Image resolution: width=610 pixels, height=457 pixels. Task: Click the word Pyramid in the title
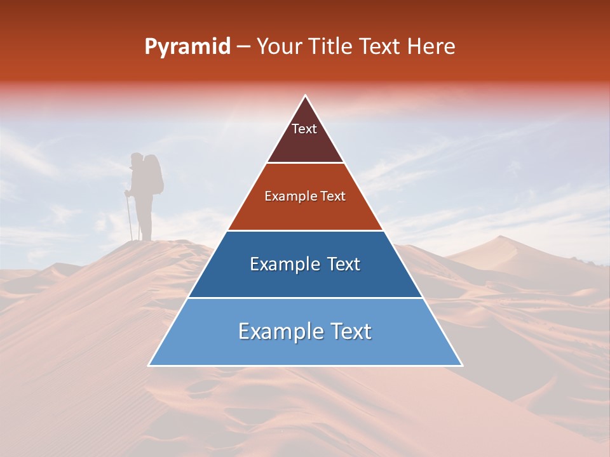(187, 47)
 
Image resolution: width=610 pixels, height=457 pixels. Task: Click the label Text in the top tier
(304, 129)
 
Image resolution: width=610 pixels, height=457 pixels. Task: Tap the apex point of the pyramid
(306, 96)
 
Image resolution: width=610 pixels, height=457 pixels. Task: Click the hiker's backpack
(154, 173)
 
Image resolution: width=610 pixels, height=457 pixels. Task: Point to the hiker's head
(137, 159)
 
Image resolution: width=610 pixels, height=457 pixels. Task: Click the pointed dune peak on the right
(502, 237)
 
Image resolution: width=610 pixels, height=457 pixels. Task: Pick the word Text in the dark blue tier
(341, 264)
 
